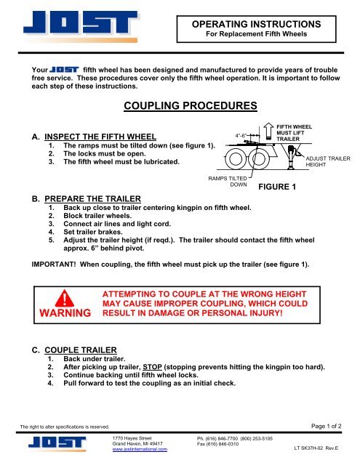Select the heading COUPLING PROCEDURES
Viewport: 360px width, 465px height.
pyautogui.click(x=191, y=106)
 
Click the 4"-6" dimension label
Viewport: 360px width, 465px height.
pyautogui.click(x=244, y=134)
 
